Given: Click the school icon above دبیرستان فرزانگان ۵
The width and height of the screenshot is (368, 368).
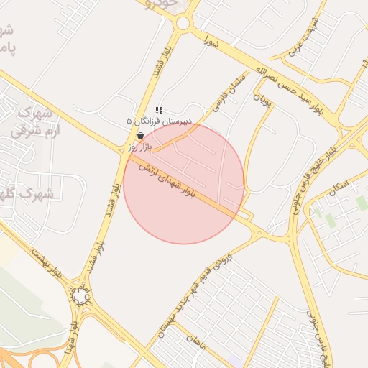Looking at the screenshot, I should [159, 111].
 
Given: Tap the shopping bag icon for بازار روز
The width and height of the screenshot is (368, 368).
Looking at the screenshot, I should [139, 134].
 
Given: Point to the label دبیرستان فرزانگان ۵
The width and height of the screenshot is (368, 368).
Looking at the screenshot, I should [157, 121].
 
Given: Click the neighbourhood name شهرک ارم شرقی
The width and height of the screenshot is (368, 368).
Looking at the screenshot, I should [37, 122].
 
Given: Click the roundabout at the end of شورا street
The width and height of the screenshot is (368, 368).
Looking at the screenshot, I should [183, 23].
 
